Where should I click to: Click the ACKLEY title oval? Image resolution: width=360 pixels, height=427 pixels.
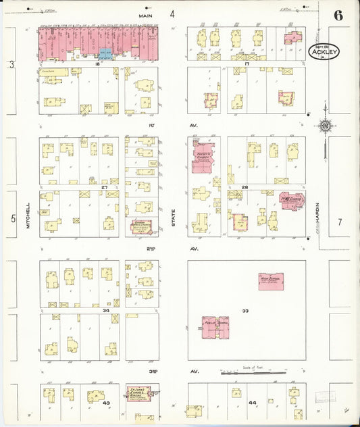pos(324,51)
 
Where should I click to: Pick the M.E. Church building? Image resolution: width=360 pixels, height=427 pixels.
pos(291,201)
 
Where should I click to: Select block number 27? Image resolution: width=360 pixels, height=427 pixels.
pos(105,187)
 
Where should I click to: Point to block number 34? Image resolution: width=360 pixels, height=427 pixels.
pos(105,310)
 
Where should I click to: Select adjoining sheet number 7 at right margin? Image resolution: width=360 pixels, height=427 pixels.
pos(340,222)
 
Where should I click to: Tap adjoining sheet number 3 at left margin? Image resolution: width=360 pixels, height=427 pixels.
pos(11,64)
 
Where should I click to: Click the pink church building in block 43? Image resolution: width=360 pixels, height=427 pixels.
pos(138,394)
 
